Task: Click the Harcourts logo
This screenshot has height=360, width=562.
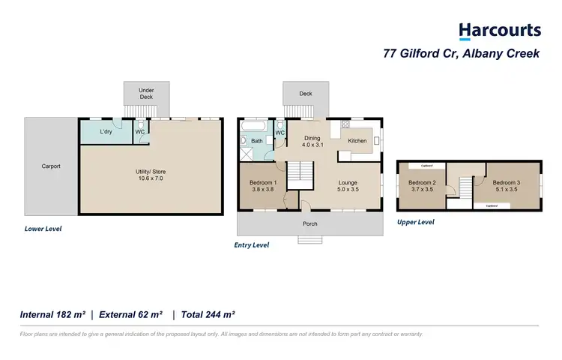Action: coord(499,31)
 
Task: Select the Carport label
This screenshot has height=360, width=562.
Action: coord(51,166)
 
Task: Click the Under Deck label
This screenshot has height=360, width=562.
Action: coord(146,94)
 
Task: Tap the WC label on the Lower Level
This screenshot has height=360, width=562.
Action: coord(140,132)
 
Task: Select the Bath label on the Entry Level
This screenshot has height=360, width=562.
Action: coord(256,140)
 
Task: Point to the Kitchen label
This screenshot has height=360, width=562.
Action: coord(357,140)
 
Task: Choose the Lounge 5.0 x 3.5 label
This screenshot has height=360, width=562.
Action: coord(347,186)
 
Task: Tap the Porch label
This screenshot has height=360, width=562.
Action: coord(309,223)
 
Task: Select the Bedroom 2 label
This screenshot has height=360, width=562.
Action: coord(422,186)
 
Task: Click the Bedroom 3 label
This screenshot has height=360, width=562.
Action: coord(507,186)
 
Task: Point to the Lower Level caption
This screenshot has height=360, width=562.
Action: coord(43,229)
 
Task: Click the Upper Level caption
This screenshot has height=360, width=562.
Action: coord(416,222)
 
